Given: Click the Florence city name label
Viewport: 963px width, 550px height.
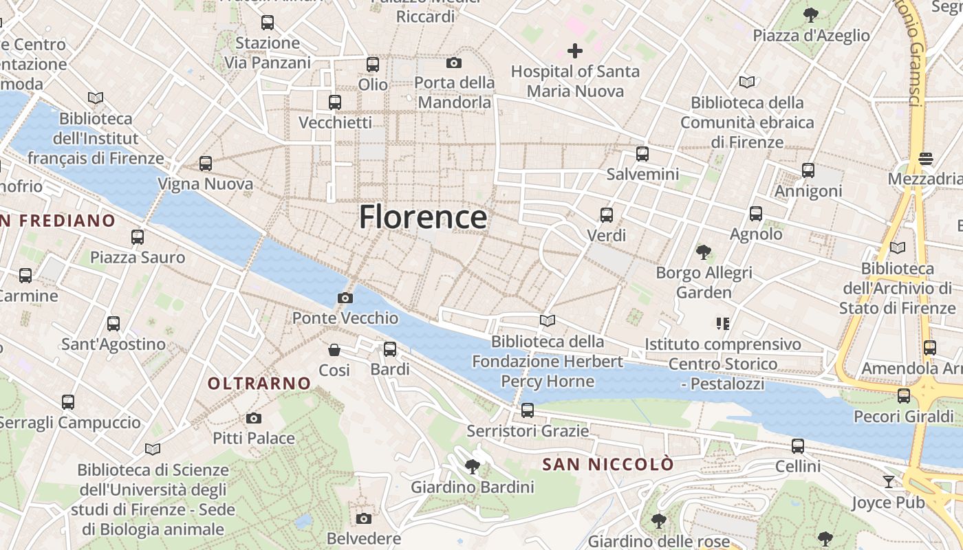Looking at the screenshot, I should coord(423,217).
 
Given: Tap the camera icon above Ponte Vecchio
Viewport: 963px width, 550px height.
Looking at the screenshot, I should coord(345,298).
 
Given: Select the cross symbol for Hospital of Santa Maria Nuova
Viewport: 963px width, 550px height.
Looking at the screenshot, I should coord(574,50).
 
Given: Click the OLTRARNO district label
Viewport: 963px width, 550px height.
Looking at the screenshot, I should coord(259,384).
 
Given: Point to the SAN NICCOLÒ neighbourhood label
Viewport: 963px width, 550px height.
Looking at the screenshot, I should coord(608,465).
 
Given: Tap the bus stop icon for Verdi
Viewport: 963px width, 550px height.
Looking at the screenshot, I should coord(606,215).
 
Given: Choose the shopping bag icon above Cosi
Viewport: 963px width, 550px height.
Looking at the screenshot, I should coord(334,350).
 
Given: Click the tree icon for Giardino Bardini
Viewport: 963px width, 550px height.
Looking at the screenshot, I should coord(472,467).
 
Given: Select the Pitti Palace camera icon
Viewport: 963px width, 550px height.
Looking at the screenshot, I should coord(253,418).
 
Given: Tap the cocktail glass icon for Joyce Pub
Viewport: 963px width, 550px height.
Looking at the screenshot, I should coord(888,482).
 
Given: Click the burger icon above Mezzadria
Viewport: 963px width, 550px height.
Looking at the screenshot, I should coord(925,159).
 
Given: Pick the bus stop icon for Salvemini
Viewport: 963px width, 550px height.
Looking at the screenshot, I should coord(642,154).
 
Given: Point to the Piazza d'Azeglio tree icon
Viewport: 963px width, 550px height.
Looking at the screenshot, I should coord(811,14).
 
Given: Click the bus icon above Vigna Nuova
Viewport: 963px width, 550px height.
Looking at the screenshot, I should coord(205,164).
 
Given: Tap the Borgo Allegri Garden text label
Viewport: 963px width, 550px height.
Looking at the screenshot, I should coord(704,283).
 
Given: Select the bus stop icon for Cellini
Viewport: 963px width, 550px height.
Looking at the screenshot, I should coord(797,446).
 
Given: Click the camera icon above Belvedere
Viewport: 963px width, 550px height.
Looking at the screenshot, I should coord(363,518).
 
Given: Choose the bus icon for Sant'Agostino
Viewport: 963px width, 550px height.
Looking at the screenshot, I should coord(113,324).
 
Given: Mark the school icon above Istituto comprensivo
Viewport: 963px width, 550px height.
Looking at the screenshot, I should coord(722,323).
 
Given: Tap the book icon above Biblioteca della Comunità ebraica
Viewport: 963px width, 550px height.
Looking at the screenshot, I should coord(746,82).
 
